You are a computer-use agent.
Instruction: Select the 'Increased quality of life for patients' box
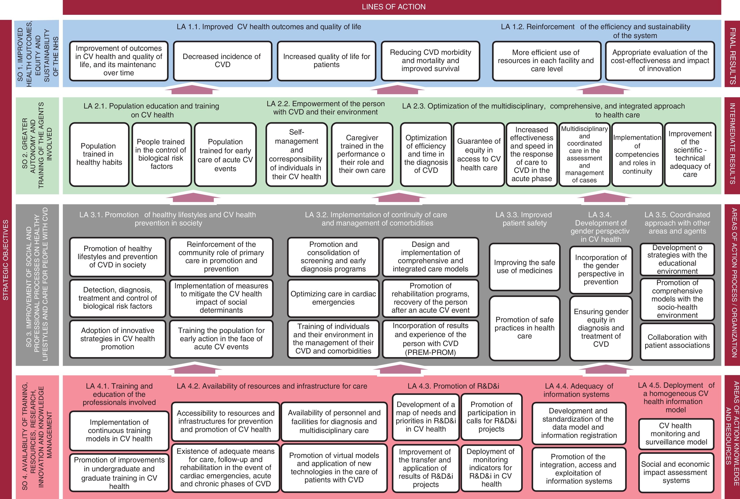click(x=326, y=60)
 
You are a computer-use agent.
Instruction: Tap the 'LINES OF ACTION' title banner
click(x=393, y=7)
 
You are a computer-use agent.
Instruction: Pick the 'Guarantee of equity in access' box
click(x=479, y=154)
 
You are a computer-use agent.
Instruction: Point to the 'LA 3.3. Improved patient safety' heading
click(x=524, y=219)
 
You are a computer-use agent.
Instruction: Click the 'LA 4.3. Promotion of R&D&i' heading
click(x=453, y=386)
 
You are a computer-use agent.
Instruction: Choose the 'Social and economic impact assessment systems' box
click(x=676, y=472)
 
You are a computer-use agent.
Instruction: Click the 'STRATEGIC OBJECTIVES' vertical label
click(x=6, y=259)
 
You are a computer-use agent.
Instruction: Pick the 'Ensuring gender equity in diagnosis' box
click(x=601, y=328)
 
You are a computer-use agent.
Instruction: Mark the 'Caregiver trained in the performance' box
click(x=362, y=154)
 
